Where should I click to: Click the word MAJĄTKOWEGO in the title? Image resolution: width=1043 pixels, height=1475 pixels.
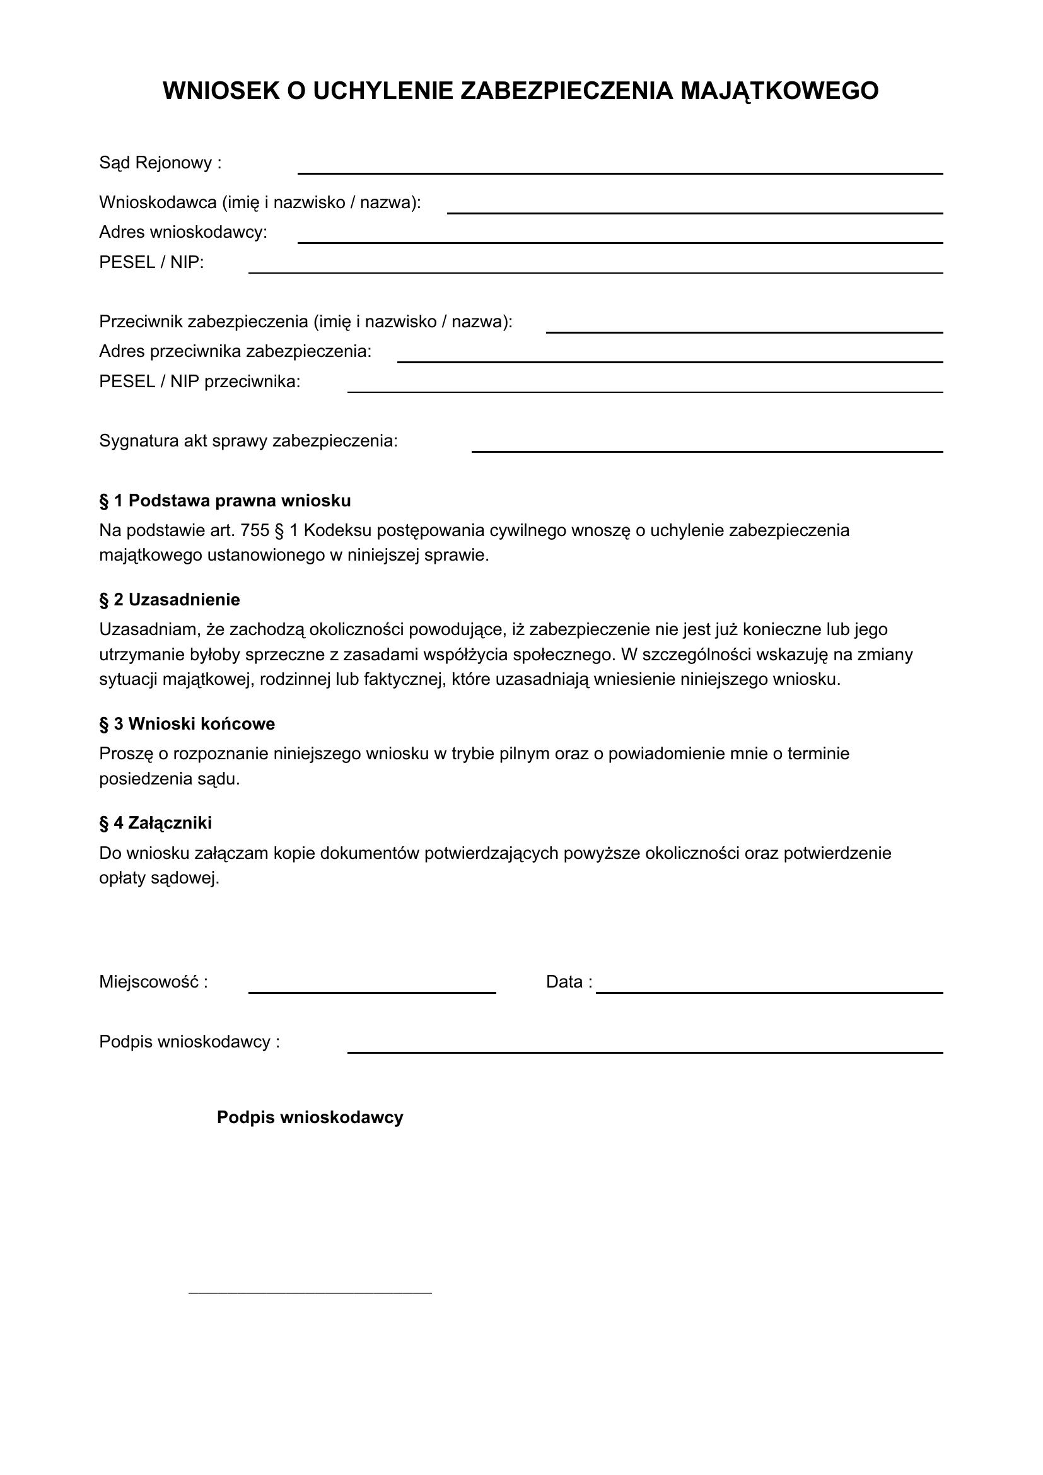779,91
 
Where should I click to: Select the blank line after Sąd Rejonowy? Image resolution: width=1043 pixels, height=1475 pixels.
620,172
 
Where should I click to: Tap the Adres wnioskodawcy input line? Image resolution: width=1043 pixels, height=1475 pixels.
620,242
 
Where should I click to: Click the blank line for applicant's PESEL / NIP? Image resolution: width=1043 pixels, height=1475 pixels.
595,272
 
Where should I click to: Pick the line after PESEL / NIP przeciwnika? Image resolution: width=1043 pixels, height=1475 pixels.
645,390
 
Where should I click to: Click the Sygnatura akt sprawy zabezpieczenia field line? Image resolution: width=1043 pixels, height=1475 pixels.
707,450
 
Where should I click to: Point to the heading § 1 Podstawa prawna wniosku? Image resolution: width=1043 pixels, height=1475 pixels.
224,501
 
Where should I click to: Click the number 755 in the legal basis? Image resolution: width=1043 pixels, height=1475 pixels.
254,530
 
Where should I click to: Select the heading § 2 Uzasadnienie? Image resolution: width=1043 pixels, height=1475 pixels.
170,599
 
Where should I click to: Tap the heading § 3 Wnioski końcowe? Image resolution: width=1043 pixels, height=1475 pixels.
187,724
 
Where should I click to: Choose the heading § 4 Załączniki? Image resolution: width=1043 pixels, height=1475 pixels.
155,823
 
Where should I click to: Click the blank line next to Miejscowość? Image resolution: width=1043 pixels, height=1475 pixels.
372,992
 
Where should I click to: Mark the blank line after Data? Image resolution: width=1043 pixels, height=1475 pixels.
769,992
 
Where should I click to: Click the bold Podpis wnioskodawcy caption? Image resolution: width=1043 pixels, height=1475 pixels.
310,1117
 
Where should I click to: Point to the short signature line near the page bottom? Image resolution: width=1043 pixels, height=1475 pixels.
310,1292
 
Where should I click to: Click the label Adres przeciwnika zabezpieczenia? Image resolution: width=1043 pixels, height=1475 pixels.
235,351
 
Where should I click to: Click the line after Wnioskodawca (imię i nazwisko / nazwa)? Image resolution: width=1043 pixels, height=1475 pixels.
695,212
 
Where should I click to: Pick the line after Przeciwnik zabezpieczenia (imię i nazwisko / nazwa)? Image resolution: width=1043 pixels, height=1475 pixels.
744,332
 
